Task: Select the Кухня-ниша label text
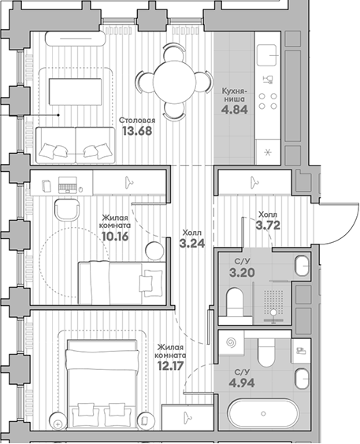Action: click(236, 95)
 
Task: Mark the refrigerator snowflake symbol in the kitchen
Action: click(268, 152)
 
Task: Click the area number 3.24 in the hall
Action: click(191, 244)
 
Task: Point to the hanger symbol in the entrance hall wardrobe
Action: click(254, 182)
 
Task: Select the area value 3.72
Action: click(269, 225)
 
